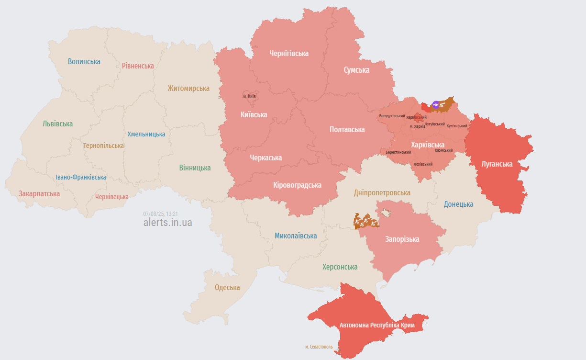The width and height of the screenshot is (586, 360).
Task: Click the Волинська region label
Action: (84, 61)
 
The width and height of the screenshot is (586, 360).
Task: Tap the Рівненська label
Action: (138, 66)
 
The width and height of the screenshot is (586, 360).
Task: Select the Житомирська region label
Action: (188, 88)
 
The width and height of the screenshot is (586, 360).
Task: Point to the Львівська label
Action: (57, 124)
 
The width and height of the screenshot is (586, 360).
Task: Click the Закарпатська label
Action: (39, 193)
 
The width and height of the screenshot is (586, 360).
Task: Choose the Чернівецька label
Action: (112, 197)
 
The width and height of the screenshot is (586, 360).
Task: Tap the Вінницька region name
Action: (195, 168)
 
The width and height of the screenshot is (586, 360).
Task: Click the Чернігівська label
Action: (289, 53)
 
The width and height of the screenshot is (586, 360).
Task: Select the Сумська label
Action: (356, 70)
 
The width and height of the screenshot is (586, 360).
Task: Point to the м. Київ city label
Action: (249, 96)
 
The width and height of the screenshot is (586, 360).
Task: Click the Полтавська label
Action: (347, 129)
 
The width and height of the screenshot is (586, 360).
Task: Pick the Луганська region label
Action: (497, 164)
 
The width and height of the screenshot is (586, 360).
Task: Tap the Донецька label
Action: (458, 204)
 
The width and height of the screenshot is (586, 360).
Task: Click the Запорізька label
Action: (402, 239)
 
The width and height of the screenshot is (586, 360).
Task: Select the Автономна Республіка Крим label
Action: (377, 325)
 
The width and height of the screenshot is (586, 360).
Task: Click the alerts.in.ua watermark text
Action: (167, 222)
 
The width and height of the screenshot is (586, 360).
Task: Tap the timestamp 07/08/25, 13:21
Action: (161, 214)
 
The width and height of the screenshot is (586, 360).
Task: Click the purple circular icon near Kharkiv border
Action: (435, 104)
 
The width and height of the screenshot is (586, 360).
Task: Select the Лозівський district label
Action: (423, 164)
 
